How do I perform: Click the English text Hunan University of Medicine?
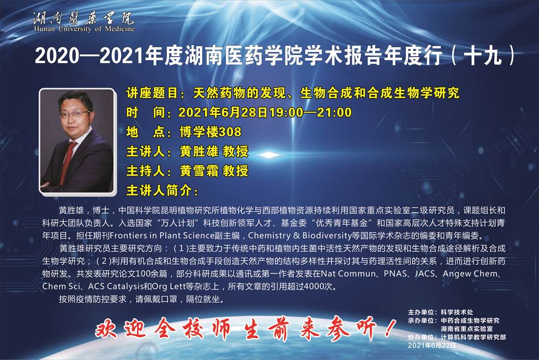(x=84, y=29)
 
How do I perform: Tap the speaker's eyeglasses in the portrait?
(x=75, y=113)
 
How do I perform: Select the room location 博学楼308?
(x=211, y=132)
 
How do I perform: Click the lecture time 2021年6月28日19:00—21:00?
(x=265, y=112)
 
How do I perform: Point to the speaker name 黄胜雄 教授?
(x=214, y=151)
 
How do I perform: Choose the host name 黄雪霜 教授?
(x=214, y=171)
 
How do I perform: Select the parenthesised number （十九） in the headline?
(x=484, y=56)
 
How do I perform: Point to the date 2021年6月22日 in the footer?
(x=432, y=345)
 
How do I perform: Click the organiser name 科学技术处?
(x=457, y=312)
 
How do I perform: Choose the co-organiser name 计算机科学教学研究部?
(x=473, y=337)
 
